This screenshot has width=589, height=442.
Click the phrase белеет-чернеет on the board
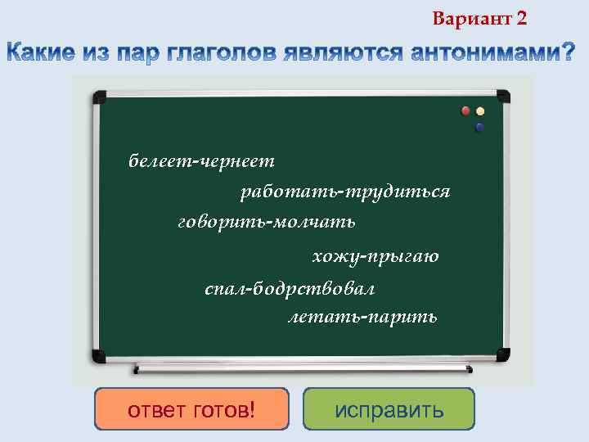(x=201, y=161)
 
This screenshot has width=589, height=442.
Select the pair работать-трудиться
(x=344, y=192)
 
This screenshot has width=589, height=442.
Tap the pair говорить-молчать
(x=266, y=222)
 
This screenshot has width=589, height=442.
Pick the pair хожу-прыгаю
(x=375, y=256)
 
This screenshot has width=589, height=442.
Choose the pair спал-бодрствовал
(x=290, y=289)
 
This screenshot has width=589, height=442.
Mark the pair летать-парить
(x=362, y=316)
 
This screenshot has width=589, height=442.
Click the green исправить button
(x=389, y=409)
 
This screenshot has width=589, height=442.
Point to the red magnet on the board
(x=465, y=110)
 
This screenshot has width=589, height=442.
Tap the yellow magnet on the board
(x=480, y=111)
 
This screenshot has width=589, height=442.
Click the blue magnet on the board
(x=479, y=127)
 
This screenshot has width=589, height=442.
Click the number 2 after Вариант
(x=522, y=18)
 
